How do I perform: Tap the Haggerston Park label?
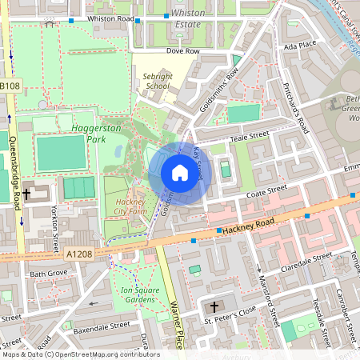point(88,132)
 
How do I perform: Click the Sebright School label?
point(157,81)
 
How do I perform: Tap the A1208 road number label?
point(80,254)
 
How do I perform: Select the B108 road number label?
point(10,86)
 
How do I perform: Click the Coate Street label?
point(266,192)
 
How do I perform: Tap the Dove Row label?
point(182,50)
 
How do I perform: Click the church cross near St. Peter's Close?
point(214,307)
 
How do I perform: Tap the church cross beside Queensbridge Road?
point(26,194)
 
